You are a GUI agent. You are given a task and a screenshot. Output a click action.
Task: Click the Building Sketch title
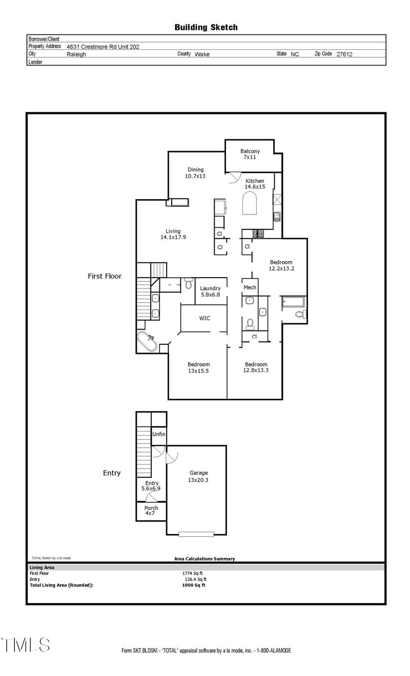[206, 27]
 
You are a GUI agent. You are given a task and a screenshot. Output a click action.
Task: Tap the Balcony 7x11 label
[250, 154]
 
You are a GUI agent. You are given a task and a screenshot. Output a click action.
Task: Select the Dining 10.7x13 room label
[195, 173]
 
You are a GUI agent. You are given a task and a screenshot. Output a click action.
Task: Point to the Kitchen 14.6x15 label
[255, 184]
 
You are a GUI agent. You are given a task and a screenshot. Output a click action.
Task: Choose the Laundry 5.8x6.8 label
[210, 292]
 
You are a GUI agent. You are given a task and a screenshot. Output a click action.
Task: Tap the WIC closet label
[204, 318]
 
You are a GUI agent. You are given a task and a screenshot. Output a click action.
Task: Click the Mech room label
[250, 287]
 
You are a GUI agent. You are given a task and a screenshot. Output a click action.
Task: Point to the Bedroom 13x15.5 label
[198, 368]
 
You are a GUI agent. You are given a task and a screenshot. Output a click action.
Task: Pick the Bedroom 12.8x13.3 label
[256, 368]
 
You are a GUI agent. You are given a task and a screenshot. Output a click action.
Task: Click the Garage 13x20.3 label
[198, 477]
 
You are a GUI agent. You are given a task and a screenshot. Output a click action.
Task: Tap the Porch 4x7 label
[151, 511]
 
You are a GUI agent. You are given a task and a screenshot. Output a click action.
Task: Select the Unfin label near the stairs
[158, 435]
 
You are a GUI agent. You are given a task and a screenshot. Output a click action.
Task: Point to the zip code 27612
[344, 54]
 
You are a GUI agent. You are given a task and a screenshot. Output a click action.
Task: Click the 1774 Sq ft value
[193, 573]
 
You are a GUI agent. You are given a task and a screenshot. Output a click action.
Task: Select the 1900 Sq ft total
[193, 585]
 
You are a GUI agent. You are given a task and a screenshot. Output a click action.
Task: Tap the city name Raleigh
[76, 54]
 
